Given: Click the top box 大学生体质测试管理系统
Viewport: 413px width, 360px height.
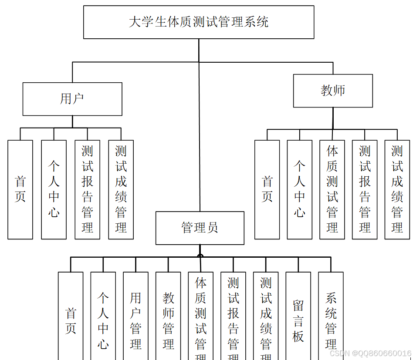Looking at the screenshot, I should (x=199, y=22).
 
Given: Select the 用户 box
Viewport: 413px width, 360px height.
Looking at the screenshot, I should (x=72, y=99).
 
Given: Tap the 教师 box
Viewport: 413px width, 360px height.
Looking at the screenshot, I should (x=333, y=91).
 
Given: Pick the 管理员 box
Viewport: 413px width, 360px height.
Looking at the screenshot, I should (x=200, y=228).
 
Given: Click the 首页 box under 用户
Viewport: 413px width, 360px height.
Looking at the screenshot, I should (x=20, y=189).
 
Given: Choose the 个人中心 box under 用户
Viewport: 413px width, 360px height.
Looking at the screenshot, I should (x=54, y=189).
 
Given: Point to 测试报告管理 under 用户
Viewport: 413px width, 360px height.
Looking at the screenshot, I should (x=88, y=189).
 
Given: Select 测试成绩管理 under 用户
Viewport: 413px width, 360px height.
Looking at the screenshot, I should (x=121, y=189).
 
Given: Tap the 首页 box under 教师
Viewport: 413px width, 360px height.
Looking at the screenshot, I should (x=267, y=189).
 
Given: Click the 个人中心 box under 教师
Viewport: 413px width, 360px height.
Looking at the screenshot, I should (x=300, y=189).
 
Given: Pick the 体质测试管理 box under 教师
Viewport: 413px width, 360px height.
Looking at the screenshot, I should (x=332, y=189).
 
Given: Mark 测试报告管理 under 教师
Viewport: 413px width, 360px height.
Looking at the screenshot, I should (x=365, y=189).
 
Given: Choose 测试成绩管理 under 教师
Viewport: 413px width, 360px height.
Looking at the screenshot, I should (x=397, y=189).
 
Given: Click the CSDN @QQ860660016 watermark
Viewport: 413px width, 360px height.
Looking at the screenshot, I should (x=370, y=353).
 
